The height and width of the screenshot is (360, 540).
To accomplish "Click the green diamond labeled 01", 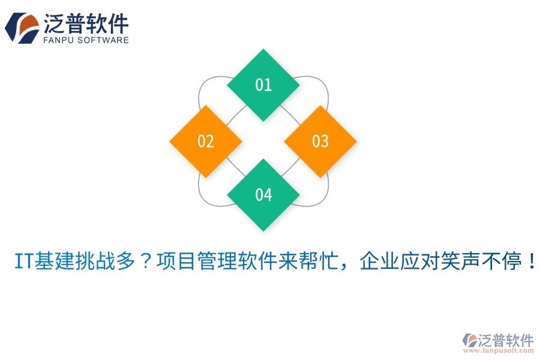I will pos(263,85).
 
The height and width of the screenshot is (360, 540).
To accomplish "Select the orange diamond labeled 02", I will pos(206,141).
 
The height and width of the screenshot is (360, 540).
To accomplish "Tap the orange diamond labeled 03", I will pos(320,141).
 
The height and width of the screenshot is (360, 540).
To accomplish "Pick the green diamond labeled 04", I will pos(263,195).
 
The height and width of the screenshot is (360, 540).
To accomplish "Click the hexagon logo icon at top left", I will pos(22,28).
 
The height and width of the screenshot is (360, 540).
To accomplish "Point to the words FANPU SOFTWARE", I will pos(86,40).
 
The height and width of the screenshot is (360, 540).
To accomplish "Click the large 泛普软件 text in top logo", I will pos(86,23).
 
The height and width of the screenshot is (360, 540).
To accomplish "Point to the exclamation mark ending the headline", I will pos(529,262).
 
